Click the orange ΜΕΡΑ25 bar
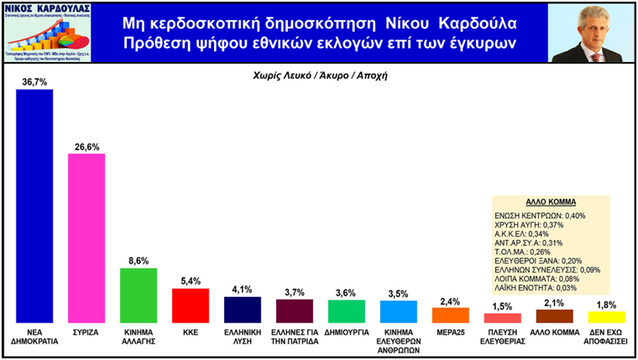point(450,316)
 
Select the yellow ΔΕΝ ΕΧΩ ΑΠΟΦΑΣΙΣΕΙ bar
point(606,317)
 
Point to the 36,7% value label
point(34,81)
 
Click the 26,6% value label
point(86,147)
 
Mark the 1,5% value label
point(502,306)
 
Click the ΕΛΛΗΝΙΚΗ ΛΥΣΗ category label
point(243,337)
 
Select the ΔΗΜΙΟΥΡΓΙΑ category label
point(346,333)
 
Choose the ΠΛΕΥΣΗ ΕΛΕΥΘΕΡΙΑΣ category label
point(502,337)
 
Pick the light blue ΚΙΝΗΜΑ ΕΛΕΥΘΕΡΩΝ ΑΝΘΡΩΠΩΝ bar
point(398,311)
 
